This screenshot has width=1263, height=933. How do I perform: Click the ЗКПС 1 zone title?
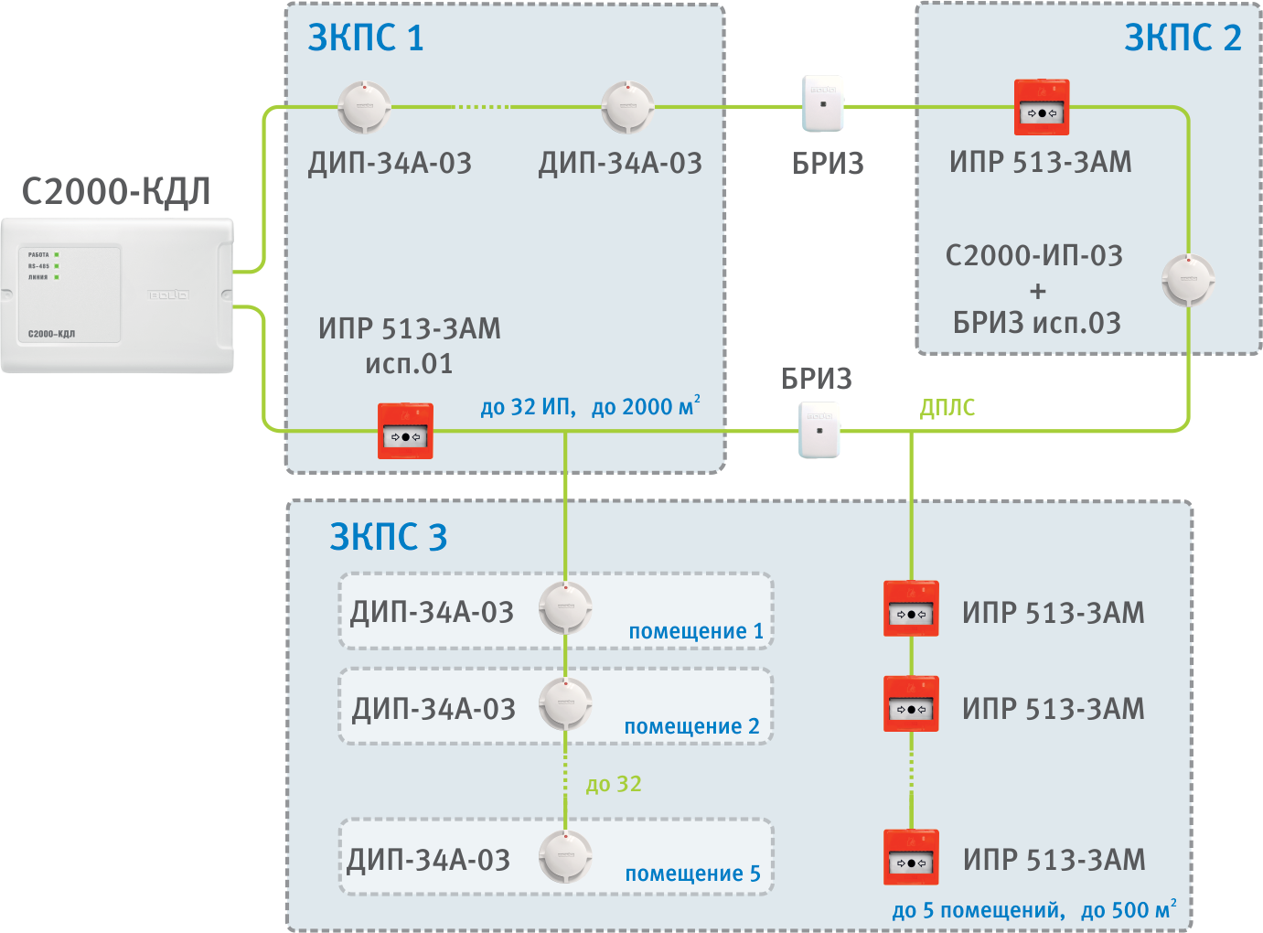[366, 38]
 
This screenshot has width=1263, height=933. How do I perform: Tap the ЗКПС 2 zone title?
[1183, 38]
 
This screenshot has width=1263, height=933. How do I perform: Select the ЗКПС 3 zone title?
[389, 537]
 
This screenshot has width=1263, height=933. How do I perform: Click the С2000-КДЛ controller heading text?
[116, 192]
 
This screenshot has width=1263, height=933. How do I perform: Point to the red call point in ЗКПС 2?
[1042, 108]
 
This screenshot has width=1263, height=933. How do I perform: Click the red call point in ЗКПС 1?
[405, 431]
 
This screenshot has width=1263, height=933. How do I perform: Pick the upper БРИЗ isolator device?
[823, 104]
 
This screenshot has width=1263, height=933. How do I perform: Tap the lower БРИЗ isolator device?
[819, 430]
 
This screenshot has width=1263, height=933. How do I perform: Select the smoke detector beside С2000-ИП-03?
[1188, 280]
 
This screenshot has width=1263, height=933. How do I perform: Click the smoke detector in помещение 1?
[565, 607]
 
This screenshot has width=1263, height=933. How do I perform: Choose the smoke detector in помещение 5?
[565, 856]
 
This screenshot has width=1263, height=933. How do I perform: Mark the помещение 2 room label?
[691, 726]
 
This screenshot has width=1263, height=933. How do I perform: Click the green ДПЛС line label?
[947, 408]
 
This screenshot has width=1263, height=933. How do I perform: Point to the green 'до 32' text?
[614, 785]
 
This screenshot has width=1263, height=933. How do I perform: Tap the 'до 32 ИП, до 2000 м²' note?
[590, 407]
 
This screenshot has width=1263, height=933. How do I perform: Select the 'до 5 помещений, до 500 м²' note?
[1033, 910]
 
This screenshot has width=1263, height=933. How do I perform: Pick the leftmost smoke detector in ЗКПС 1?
[364, 108]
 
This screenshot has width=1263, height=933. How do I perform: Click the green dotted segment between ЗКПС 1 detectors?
[483, 107]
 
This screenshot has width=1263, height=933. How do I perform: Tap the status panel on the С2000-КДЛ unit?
[70, 294]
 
